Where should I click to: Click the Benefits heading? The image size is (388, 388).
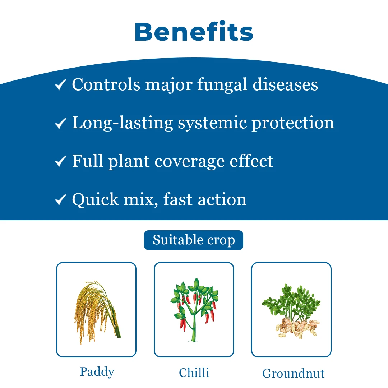[194, 31]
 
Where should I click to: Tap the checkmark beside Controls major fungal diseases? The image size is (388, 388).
[60, 85]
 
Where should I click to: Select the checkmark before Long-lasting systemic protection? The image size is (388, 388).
[60, 123]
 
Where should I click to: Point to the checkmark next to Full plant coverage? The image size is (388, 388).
[60, 161]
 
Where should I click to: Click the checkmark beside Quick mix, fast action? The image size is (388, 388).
[60, 199]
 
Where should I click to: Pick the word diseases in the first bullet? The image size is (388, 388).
[285, 84]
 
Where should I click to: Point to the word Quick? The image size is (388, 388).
[95, 199]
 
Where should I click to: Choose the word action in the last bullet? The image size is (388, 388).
[222, 199]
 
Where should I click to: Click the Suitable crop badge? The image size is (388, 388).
[194, 240]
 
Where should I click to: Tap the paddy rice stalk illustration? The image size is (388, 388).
[97, 312]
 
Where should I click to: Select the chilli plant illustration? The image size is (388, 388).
[194, 310]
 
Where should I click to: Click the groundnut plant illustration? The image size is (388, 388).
[291, 311]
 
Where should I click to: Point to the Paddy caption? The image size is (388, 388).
[97, 372]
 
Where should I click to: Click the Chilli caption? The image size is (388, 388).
[194, 373]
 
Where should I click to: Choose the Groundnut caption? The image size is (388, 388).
[293, 373]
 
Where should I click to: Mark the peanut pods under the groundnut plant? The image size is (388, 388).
[297, 328]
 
